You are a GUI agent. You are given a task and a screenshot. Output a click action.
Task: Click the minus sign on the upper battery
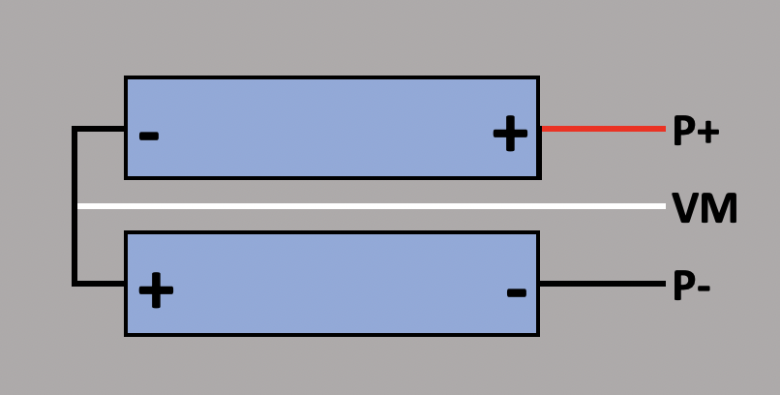(148, 136)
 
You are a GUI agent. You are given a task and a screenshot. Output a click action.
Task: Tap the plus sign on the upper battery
(510, 135)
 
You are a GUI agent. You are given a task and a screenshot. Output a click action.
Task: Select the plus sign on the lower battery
(156, 289)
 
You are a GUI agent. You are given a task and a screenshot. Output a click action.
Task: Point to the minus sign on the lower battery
(517, 291)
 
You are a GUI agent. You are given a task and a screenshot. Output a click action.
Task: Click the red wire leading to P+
(602, 128)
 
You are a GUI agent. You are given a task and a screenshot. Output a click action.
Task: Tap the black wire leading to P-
(602, 285)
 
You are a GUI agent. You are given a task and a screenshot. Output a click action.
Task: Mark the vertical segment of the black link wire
(75, 206)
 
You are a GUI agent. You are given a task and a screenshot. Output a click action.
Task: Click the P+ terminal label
(696, 131)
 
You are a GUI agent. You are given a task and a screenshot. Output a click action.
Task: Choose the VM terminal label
(705, 208)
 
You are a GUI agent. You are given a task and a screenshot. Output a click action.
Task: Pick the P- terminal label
(692, 287)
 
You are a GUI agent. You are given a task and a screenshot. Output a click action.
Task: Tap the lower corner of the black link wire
(75, 284)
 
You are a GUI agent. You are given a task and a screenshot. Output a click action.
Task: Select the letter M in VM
(719, 208)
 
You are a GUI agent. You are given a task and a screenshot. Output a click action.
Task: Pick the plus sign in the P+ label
(707, 133)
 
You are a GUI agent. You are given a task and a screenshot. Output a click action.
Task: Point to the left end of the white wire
(80, 206)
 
